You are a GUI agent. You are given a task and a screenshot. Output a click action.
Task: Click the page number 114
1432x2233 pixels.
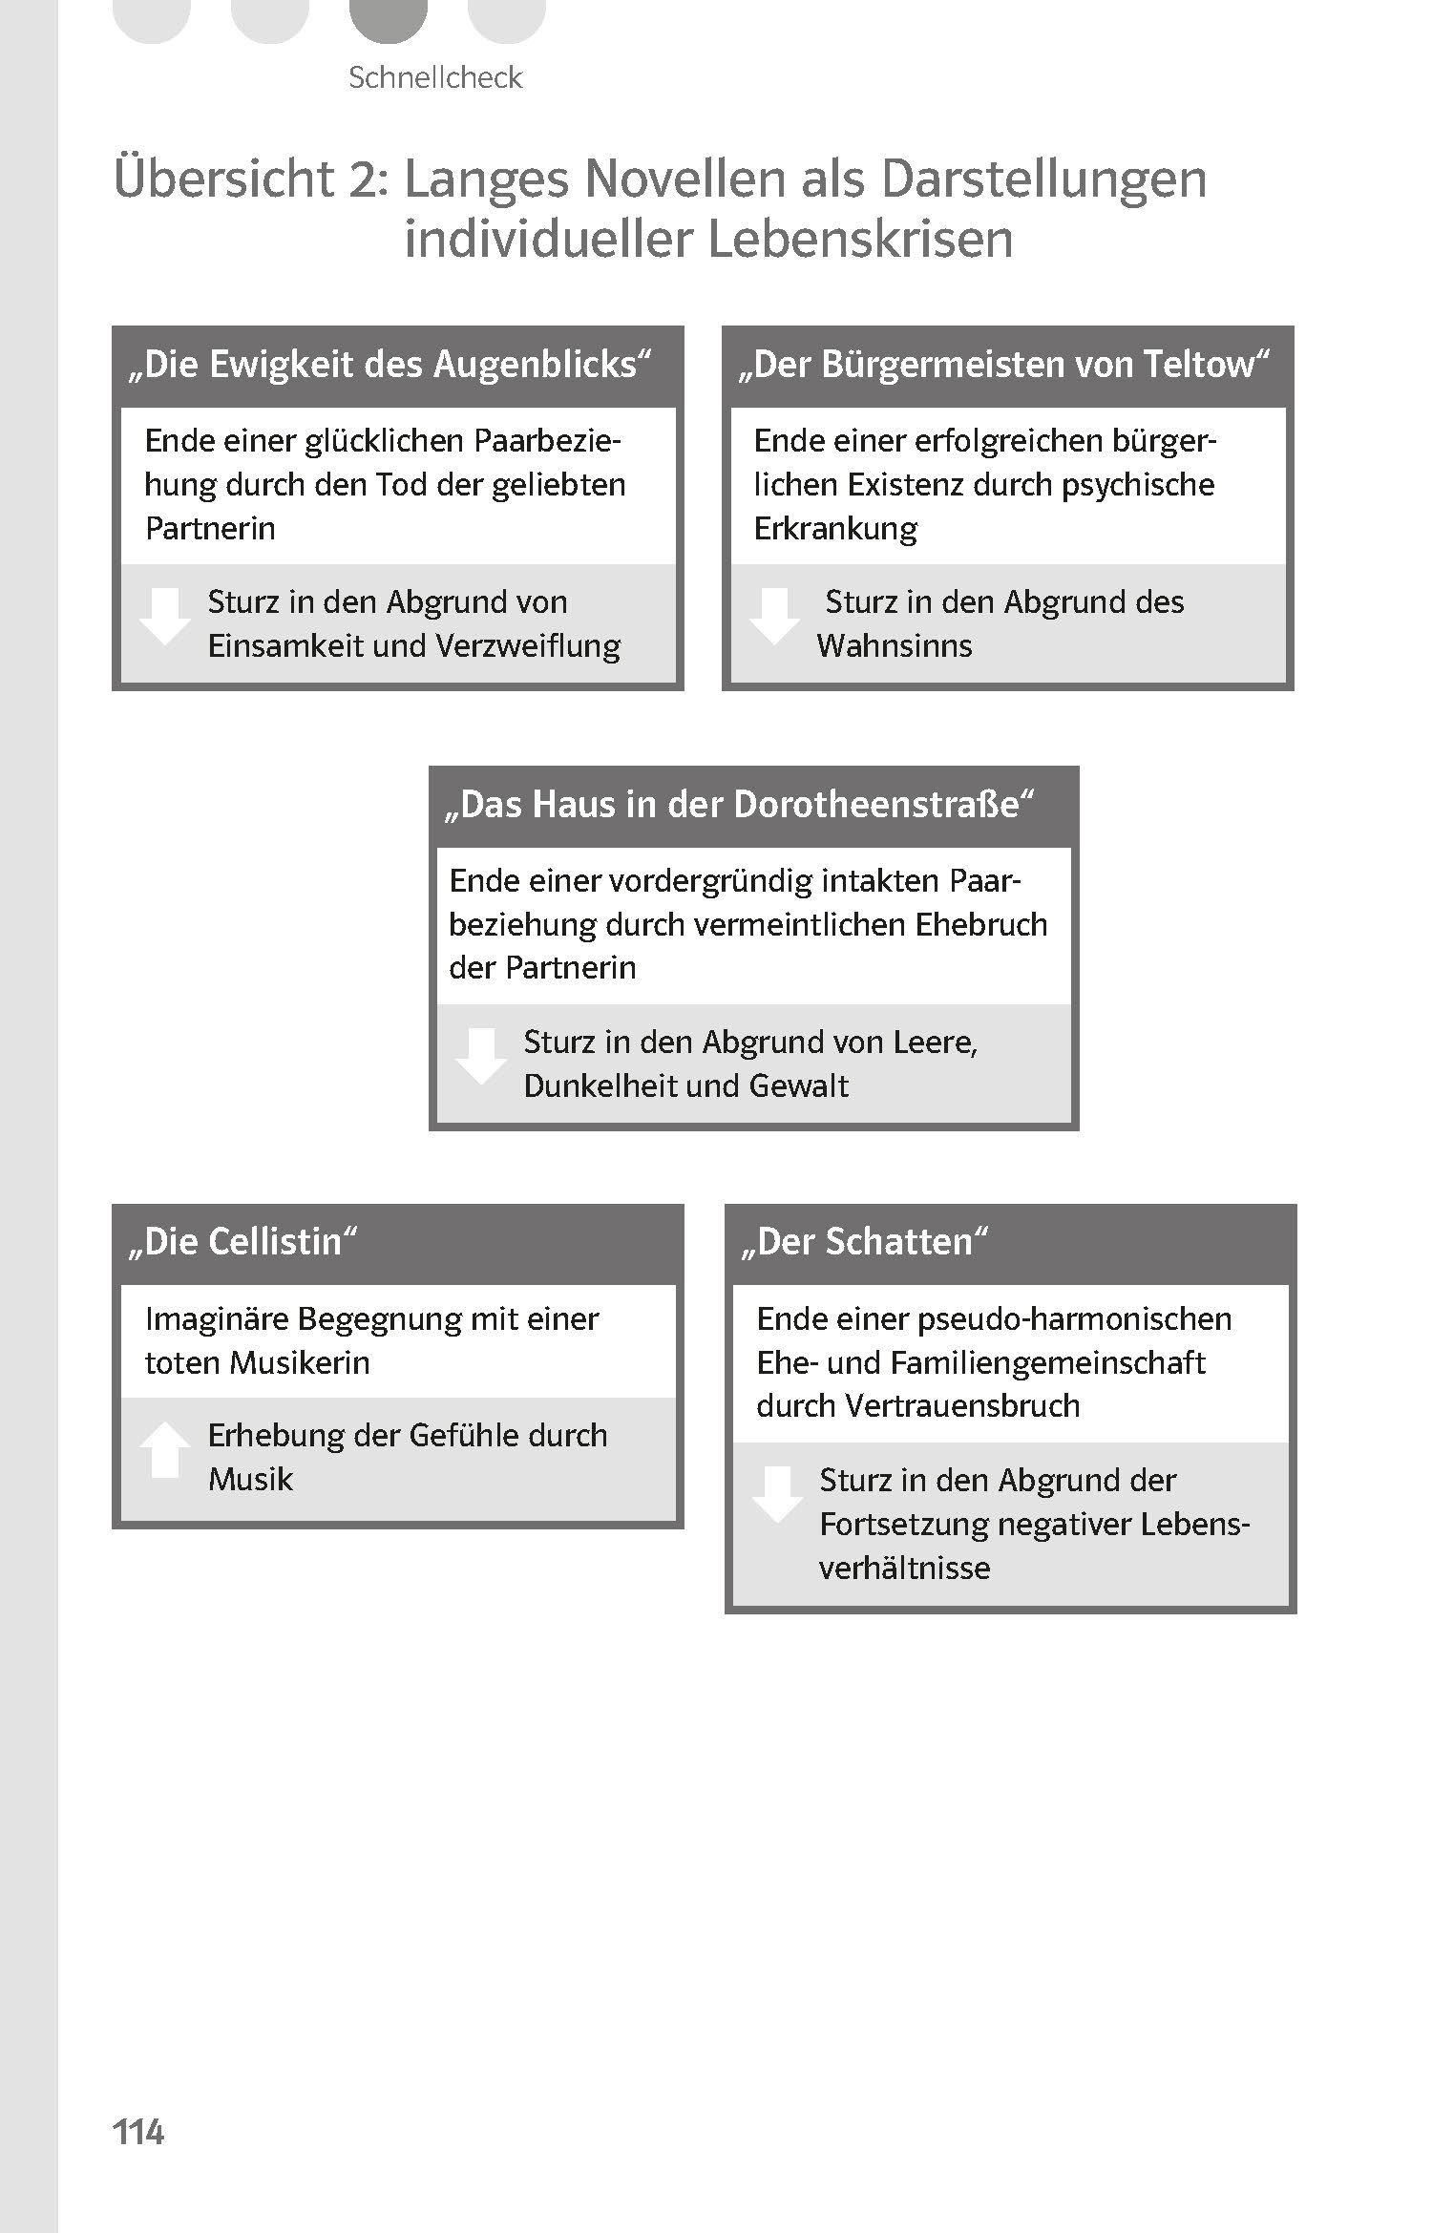click(x=138, y=2131)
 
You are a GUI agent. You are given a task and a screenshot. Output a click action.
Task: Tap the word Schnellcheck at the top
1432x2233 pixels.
click(x=435, y=77)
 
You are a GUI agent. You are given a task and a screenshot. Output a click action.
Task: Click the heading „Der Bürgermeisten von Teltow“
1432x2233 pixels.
click(x=1005, y=365)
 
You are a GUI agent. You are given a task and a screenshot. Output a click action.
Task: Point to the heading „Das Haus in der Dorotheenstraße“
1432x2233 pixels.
click(x=741, y=805)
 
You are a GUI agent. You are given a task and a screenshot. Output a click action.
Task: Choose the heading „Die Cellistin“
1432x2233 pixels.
click(x=242, y=1242)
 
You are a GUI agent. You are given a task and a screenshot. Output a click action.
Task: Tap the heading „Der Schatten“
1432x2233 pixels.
click(x=865, y=1242)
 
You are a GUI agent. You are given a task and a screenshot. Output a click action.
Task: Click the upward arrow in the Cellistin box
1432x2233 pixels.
click(x=164, y=1449)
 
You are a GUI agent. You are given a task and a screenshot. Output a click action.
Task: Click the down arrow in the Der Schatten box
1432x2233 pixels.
click(x=776, y=1494)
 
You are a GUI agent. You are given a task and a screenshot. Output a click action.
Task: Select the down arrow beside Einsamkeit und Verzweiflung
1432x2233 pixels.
click(x=164, y=617)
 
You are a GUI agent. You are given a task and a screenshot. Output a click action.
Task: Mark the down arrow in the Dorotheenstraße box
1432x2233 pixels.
click(x=480, y=1056)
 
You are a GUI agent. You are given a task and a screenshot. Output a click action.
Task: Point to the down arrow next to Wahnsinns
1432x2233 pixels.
click(x=774, y=617)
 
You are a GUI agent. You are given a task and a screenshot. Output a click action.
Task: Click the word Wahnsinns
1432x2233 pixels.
click(x=894, y=646)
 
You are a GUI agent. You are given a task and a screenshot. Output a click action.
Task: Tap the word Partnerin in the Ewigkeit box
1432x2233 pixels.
click(x=210, y=528)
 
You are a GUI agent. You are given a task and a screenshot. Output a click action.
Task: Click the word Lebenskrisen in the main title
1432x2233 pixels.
click(x=860, y=239)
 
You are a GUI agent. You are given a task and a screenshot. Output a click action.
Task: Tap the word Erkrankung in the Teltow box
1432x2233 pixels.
click(x=835, y=528)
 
